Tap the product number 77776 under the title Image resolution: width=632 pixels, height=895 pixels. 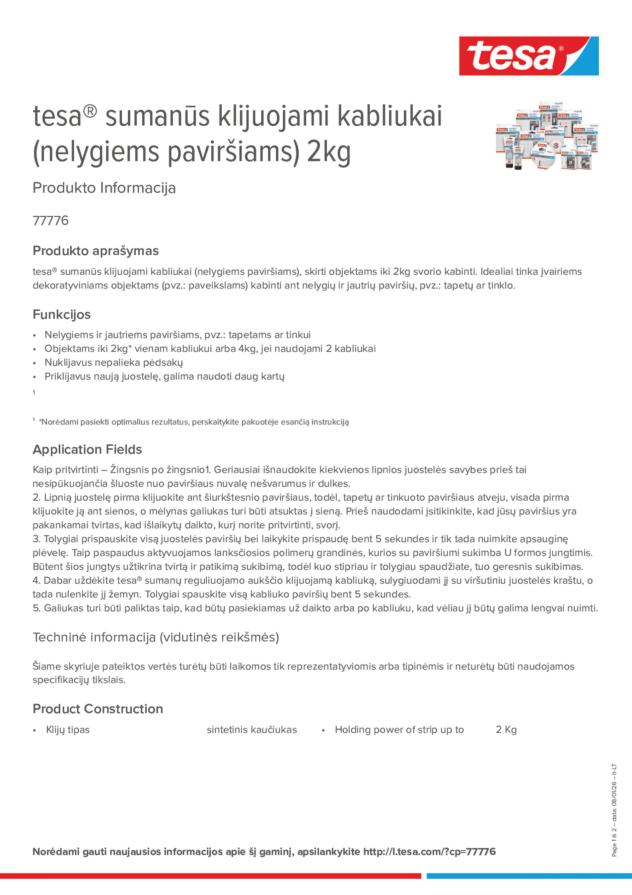[x=51, y=220]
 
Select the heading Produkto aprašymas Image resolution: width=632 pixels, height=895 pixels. [x=95, y=251]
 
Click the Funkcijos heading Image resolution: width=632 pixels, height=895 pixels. [x=62, y=314]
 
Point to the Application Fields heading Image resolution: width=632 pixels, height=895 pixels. [x=87, y=449]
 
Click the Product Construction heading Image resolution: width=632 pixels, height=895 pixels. [x=98, y=709]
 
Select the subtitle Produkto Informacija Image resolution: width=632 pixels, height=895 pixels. [x=104, y=188]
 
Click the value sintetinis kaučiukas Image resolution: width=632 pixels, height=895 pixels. [x=252, y=730]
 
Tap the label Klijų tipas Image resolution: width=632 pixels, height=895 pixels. [x=68, y=730]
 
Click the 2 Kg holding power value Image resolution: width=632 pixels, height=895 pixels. [x=506, y=730]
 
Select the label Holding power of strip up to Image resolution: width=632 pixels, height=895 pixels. [x=399, y=730]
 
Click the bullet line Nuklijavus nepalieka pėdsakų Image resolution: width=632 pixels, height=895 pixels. [x=114, y=363]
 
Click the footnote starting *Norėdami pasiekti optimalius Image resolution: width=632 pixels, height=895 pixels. [x=194, y=422]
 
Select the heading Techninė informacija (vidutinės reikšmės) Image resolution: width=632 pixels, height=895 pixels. [x=156, y=637]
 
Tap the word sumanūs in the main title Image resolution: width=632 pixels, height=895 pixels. [x=157, y=116]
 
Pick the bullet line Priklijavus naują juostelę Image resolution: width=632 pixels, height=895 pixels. [x=164, y=377]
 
